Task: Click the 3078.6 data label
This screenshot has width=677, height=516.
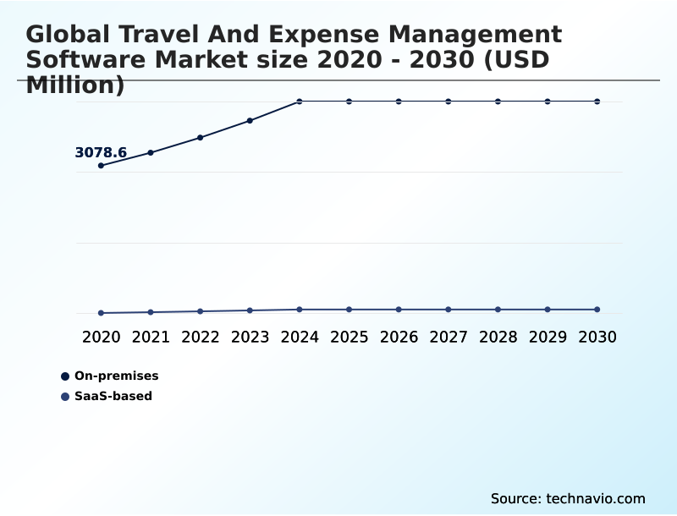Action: point(101,153)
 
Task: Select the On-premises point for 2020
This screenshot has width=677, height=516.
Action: point(102,166)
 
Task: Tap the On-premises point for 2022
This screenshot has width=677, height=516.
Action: point(201,137)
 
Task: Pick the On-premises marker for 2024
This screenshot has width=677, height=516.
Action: point(300,102)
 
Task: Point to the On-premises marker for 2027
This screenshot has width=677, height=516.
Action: point(449,102)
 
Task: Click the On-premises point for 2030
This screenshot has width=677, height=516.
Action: point(597,102)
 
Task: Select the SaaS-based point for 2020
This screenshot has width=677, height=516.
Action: point(102,313)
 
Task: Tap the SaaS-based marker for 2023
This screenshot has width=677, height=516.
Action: point(250,310)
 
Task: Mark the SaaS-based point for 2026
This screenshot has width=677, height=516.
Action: point(399,310)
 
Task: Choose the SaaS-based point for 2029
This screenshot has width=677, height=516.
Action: point(548,310)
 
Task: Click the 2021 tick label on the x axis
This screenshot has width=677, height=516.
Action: point(151,337)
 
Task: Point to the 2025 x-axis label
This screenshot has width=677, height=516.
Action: point(349,337)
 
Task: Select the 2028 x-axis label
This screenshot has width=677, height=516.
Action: point(498,337)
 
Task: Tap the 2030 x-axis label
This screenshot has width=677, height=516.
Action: point(597,337)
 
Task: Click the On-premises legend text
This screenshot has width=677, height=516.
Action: point(116,376)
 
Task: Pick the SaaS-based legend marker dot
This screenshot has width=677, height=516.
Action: point(65,396)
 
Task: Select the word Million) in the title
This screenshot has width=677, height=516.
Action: point(75,85)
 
